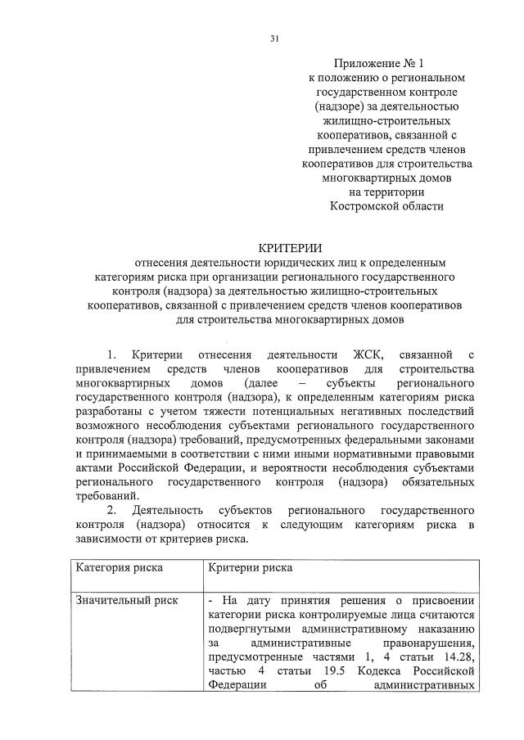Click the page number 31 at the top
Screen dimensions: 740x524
coord(274,37)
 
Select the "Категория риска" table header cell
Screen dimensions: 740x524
coord(120,566)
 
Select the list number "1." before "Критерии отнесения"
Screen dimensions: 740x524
coord(113,354)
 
